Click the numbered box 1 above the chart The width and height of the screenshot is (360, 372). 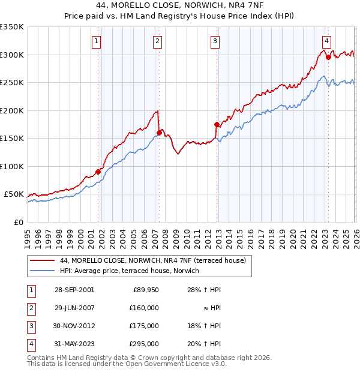tap(97, 41)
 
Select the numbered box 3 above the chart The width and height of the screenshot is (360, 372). tap(215, 41)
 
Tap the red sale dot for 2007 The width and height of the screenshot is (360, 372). tap(159, 133)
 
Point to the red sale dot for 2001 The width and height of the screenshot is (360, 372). tap(98, 172)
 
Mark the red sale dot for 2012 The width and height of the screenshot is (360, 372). tap(217, 124)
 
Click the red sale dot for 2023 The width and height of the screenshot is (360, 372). tap(328, 58)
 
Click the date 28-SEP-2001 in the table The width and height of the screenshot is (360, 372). tap(74, 290)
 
